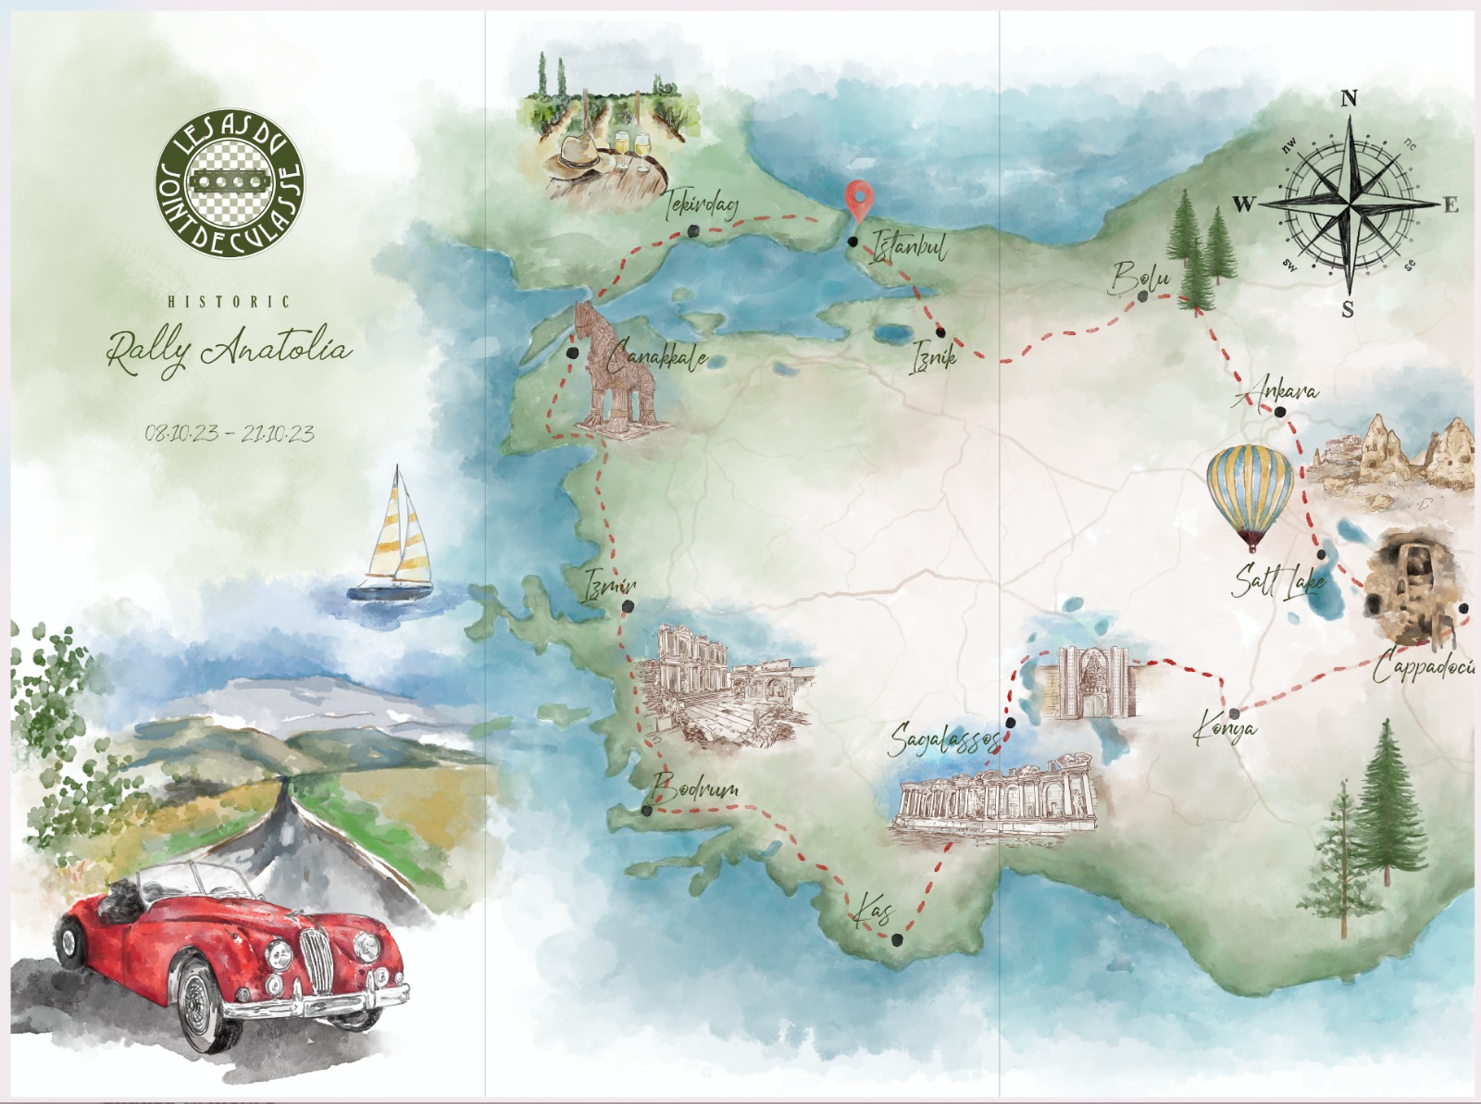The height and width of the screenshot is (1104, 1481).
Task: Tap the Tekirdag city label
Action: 702,205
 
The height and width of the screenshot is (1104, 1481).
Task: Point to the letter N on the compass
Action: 1349,99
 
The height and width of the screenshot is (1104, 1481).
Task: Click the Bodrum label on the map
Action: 695,789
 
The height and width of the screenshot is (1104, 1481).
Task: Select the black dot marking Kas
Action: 897,939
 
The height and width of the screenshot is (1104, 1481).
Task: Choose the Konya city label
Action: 1224,728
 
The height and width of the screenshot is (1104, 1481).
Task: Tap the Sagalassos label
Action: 944,741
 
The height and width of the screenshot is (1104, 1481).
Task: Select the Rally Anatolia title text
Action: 229,351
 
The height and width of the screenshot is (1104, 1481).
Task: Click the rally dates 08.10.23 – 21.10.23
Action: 229,433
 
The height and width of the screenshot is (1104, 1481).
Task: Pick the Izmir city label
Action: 610,586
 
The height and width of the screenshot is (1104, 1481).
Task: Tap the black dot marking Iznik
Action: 940,332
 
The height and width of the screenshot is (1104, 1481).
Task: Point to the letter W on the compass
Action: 1243,204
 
